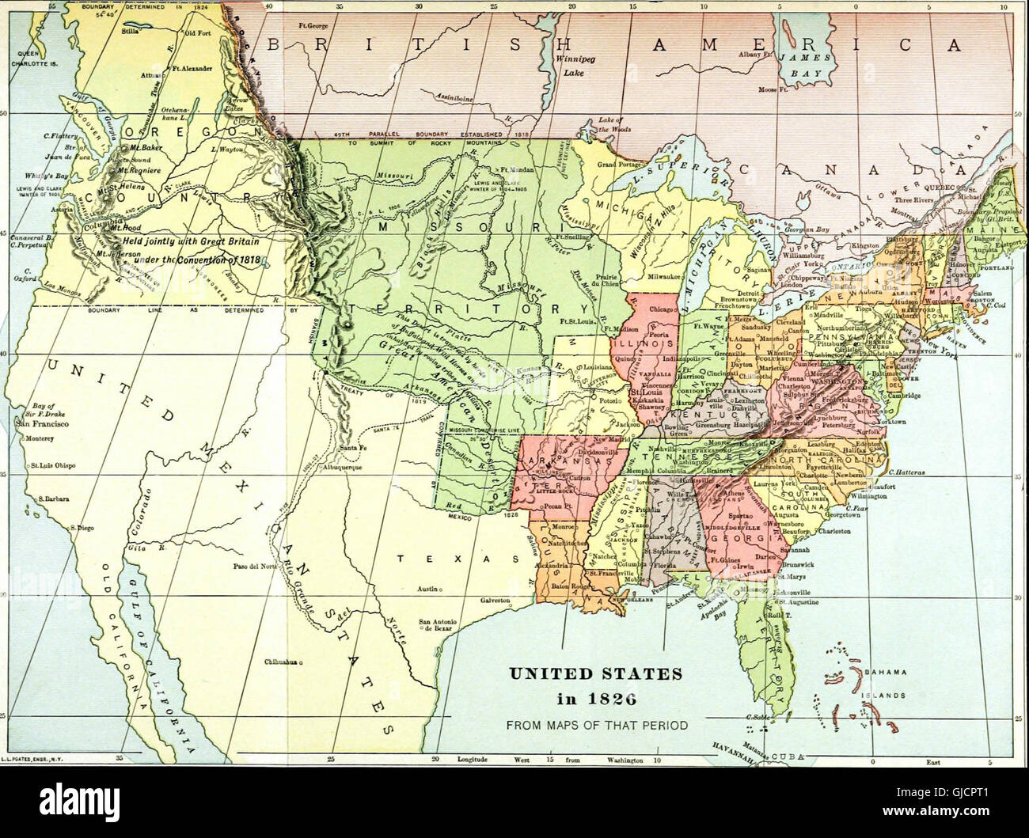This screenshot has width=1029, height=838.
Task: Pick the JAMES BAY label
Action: pyautogui.click(x=803, y=65)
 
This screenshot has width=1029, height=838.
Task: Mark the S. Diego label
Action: pyautogui.click(x=82, y=527)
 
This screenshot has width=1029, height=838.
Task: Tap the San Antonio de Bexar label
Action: pyautogui.click(x=438, y=624)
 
